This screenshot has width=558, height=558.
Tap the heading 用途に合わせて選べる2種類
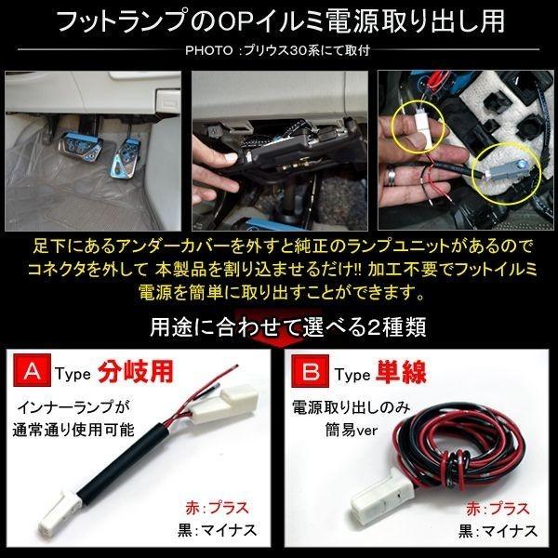(279, 327)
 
